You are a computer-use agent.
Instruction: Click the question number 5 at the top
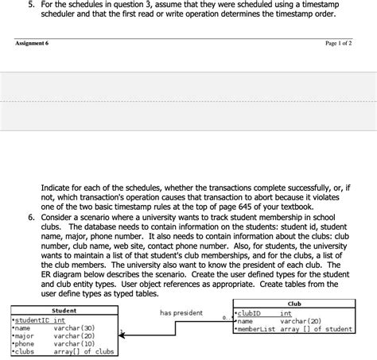pos(31,5)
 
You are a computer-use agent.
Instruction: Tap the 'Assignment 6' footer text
pos(32,44)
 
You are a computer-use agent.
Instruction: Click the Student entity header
pos(64,311)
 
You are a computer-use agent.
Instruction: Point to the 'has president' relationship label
pos(181,313)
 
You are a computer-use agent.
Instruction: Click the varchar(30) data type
pos(75,327)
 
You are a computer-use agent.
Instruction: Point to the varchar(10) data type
pos(75,343)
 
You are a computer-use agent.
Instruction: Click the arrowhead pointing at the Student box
pos(123,331)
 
